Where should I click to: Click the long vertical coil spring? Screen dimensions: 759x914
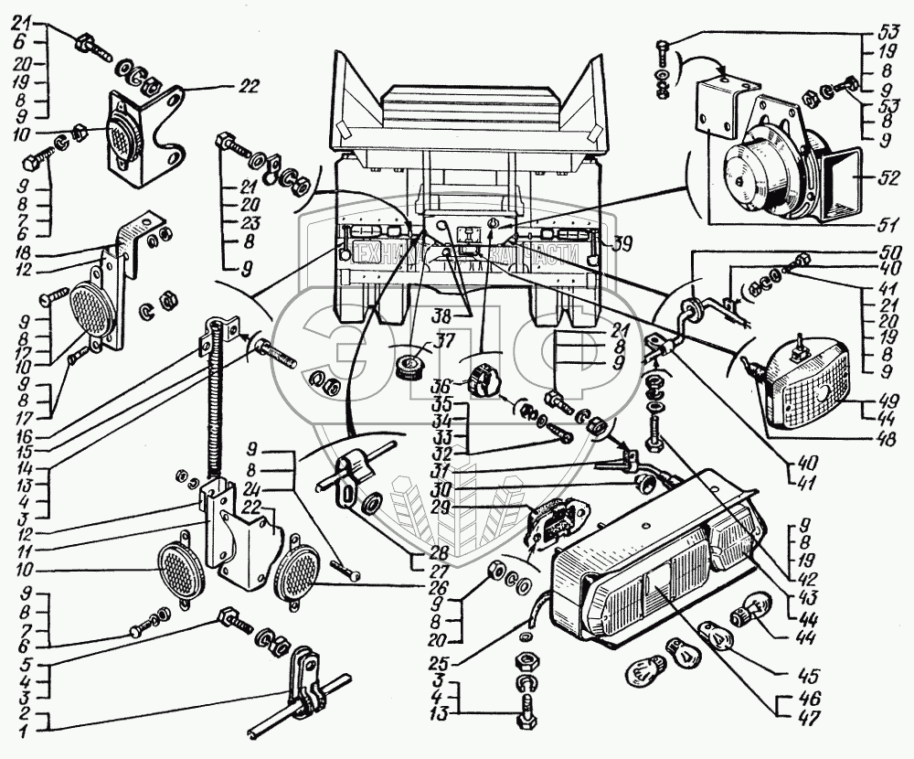coord(218,402)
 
